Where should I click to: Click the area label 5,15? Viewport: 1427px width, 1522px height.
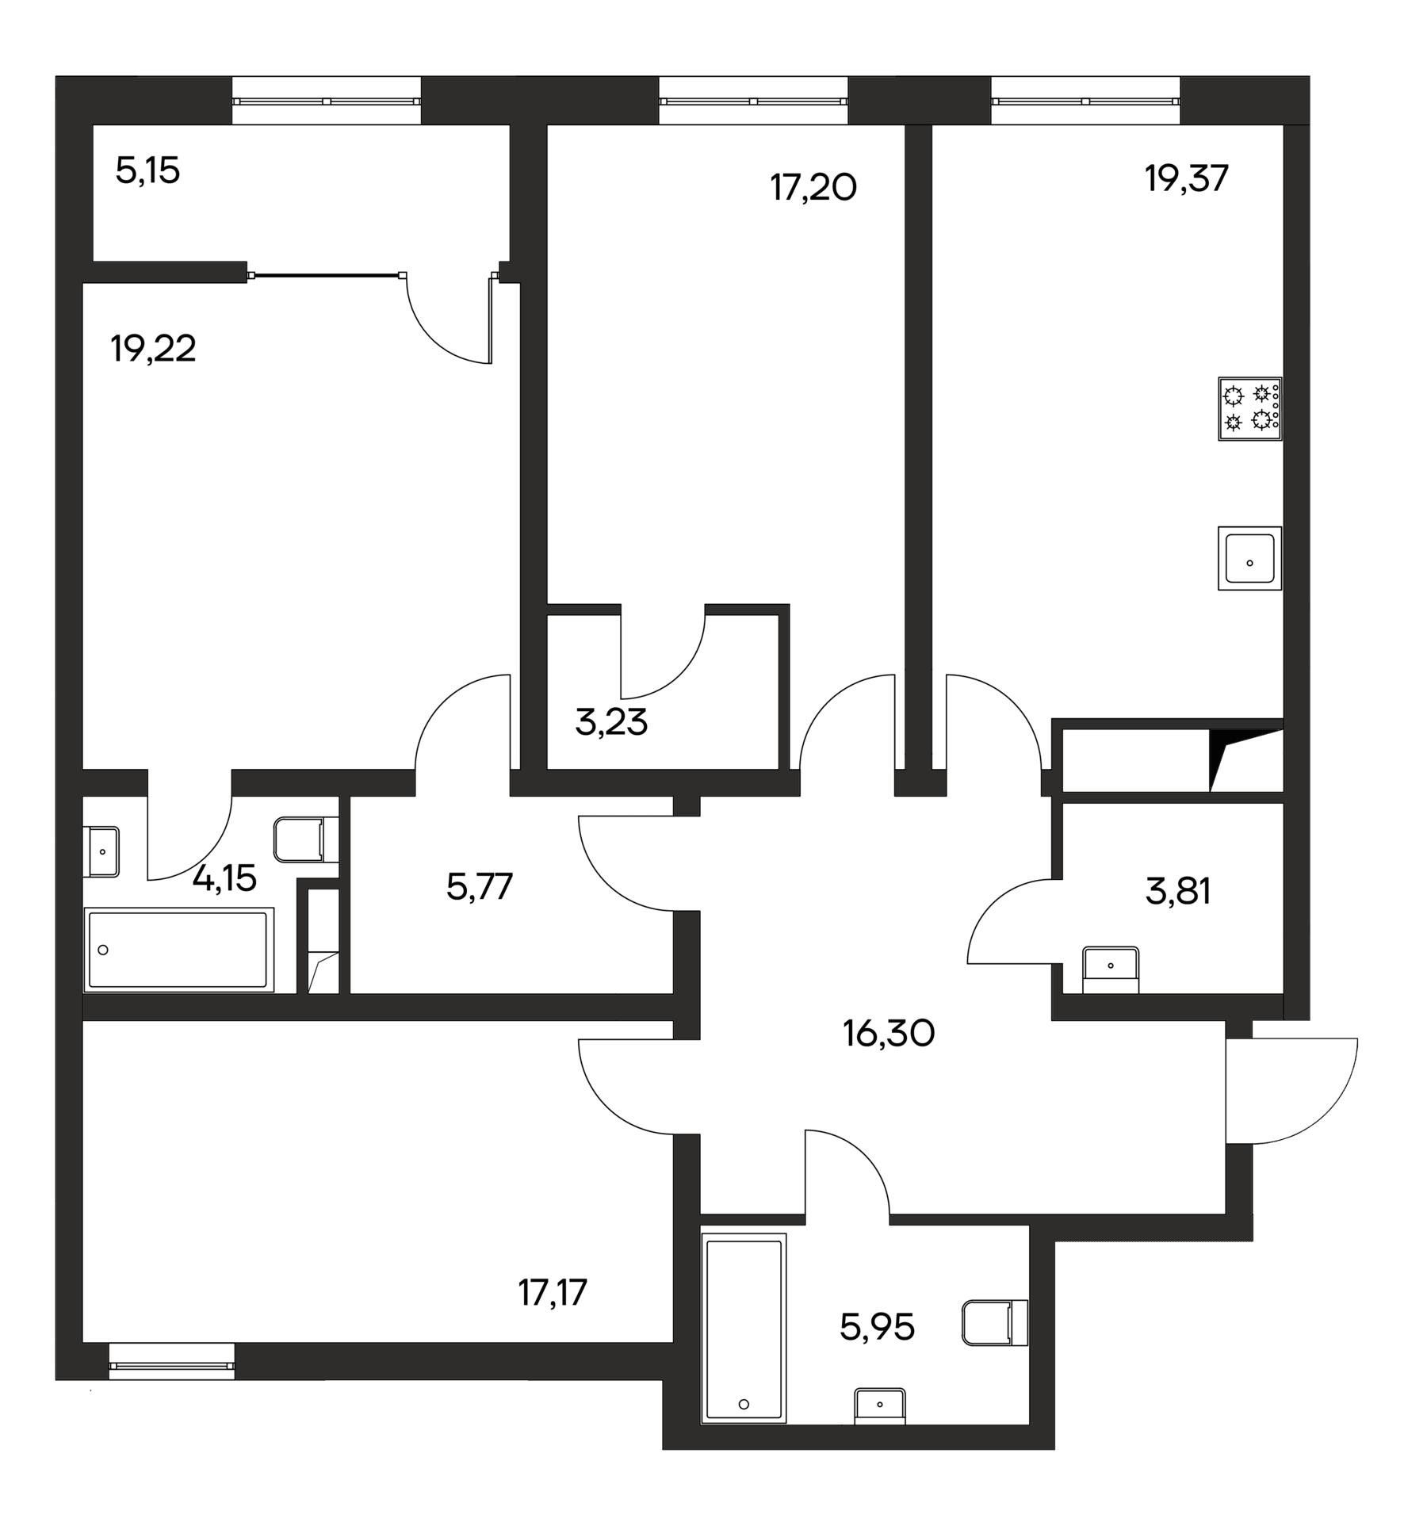coord(147,171)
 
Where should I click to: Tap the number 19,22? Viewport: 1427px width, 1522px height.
coord(153,349)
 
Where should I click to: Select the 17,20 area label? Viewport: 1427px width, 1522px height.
coord(813,189)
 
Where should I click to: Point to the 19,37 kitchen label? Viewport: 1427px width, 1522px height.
coord(1186,179)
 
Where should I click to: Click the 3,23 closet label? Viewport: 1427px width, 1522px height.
coord(611,723)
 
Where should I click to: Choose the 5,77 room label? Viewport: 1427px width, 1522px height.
coord(480,886)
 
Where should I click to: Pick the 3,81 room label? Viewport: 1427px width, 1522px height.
coord(1178,892)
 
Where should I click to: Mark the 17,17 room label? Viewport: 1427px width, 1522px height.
coord(553,1293)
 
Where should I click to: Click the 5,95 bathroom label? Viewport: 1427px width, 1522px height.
coord(877,1326)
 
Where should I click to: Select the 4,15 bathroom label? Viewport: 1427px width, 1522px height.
coord(225,878)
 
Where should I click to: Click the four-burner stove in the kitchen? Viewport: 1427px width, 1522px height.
coord(1249,408)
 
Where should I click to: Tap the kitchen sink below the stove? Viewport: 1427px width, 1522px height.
coord(1249,558)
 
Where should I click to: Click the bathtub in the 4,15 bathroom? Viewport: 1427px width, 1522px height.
coord(178,950)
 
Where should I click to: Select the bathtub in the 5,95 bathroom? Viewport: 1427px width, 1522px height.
coord(744,1340)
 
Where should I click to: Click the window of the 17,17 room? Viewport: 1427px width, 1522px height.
coord(171,1360)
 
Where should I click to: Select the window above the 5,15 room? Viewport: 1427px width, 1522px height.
coord(326,101)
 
